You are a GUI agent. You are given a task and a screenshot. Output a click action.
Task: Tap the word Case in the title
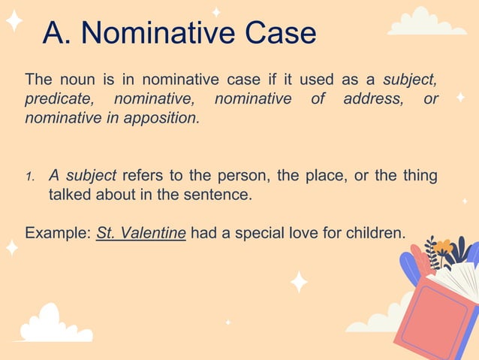[278, 34]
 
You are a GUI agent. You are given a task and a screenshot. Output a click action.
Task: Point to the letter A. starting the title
[57, 34]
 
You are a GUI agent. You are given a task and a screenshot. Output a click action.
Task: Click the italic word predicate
[55, 98]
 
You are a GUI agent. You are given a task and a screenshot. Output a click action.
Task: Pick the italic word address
[372, 98]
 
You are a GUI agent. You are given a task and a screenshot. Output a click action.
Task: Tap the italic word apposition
[164, 118]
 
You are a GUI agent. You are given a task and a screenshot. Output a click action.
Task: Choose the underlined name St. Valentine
[141, 233]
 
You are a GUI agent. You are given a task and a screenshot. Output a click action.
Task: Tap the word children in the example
[375, 233]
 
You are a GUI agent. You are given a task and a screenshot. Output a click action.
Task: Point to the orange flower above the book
[444, 247]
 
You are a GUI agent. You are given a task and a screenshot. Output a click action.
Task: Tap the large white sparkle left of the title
[14, 20]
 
